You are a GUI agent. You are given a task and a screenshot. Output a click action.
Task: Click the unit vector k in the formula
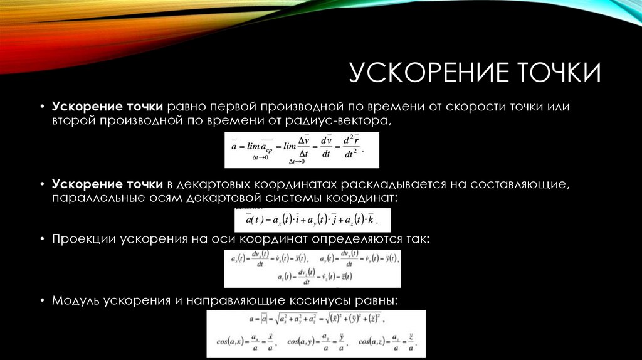(371, 220)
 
